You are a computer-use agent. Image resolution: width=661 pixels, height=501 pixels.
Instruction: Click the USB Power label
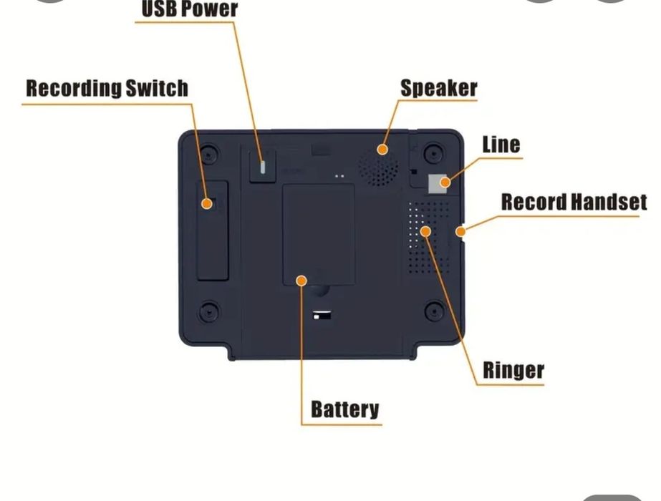[189, 9]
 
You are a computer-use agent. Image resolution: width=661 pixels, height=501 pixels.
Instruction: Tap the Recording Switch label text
[107, 89]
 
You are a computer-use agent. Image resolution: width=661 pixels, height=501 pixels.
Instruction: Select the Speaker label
[438, 89]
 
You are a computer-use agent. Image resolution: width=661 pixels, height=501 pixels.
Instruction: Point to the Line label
[501, 144]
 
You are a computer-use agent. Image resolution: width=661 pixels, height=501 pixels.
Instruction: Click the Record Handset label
[574, 203]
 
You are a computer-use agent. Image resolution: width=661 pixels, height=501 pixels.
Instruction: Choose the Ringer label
[513, 371]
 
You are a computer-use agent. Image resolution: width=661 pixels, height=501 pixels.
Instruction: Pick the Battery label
[344, 409]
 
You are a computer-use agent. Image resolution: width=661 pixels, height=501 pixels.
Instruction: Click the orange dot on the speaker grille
[383, 150]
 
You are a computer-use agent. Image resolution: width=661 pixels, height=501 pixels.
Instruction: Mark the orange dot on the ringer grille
[425, 231]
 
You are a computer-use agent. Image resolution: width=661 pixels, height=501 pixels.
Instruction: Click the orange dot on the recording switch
[207, 204]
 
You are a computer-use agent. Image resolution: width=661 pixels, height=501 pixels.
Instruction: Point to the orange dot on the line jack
[445, 183]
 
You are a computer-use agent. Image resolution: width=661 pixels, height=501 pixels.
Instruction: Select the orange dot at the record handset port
[461, 231]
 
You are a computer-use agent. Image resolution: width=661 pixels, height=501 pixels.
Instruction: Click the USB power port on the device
[263, 166]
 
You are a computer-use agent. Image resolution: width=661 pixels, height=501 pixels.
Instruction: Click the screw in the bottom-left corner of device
[208, 311]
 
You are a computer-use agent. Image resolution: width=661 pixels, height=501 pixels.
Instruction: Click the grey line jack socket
[435, 183]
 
